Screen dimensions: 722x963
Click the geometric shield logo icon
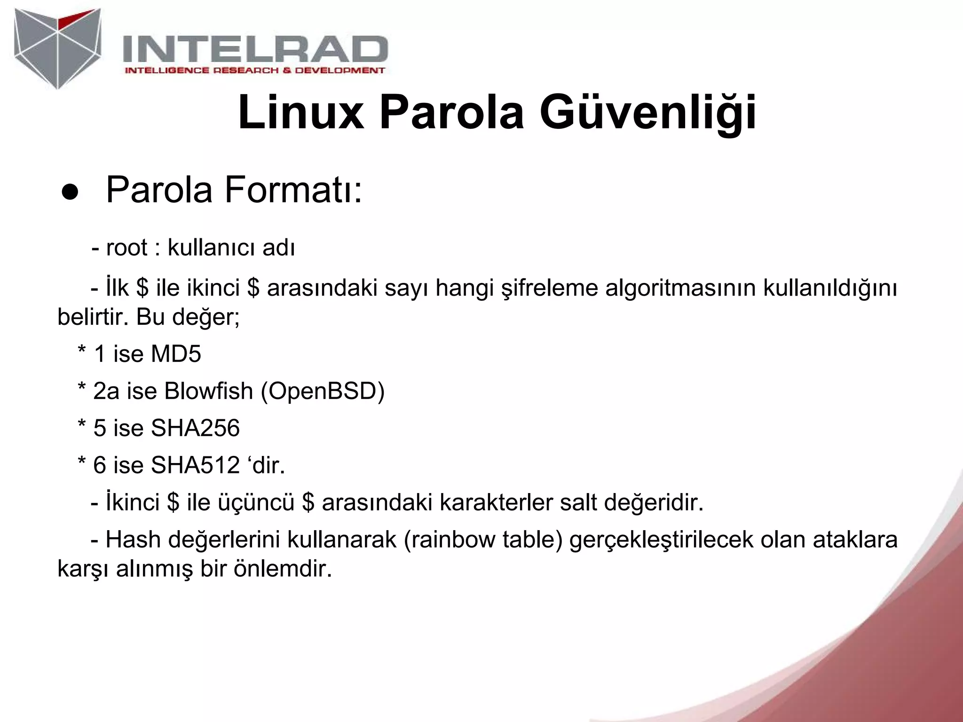coord(57,48)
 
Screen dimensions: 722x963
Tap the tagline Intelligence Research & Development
coord(254,71)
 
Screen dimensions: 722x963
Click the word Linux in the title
coord(301,113)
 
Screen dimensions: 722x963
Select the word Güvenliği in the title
coord(647,113)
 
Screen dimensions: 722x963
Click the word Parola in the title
coord(451,113)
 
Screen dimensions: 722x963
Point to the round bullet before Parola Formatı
coord(69,194)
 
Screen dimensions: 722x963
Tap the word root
coord(127,247)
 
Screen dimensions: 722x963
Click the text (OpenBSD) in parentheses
coord(323,391)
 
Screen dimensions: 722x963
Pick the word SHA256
coord(195,428)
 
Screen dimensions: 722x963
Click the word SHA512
coord(195,465)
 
